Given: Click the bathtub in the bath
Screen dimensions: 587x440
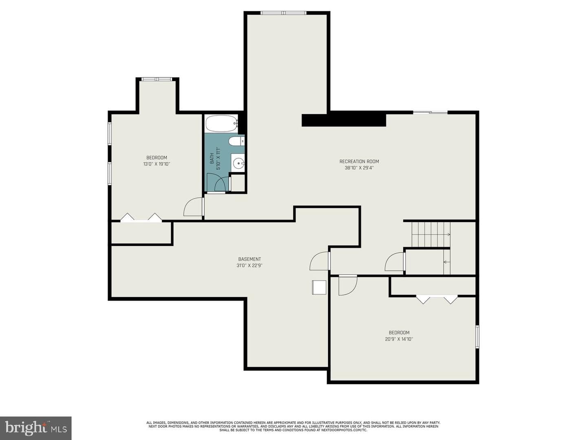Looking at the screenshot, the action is coord(221,123).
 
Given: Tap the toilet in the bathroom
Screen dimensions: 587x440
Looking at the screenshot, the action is coord(237,141).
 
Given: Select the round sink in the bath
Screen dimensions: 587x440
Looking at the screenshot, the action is coord(238,162).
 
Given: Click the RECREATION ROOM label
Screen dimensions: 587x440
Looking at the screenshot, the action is coord(359,161).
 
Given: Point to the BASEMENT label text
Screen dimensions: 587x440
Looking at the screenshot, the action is coord(249,259).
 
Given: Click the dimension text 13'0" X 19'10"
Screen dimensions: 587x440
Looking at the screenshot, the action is coord(157,164).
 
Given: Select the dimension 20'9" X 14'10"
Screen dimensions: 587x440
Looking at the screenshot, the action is coord(399,339).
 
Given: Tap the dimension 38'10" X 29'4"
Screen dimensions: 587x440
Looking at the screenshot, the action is coord(359,168).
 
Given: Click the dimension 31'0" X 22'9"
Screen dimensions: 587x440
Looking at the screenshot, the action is coord(249,265).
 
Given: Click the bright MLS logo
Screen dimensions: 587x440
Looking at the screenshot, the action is coord(35,428).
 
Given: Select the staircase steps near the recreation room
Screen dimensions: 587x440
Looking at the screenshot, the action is coord(431,234).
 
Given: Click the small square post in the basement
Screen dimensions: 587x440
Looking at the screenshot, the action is coord(319,288).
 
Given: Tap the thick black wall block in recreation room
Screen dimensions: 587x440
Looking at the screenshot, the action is coord(344,120).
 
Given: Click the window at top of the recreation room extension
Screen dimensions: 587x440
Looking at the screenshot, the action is coord(283,13).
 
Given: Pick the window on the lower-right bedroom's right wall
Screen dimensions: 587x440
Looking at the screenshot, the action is coord(477,337).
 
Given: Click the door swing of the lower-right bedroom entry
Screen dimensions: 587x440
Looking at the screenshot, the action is coord(348,286).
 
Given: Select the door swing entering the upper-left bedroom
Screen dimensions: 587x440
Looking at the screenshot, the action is coord(194,207).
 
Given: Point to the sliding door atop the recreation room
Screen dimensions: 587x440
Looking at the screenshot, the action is coord(430,112).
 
